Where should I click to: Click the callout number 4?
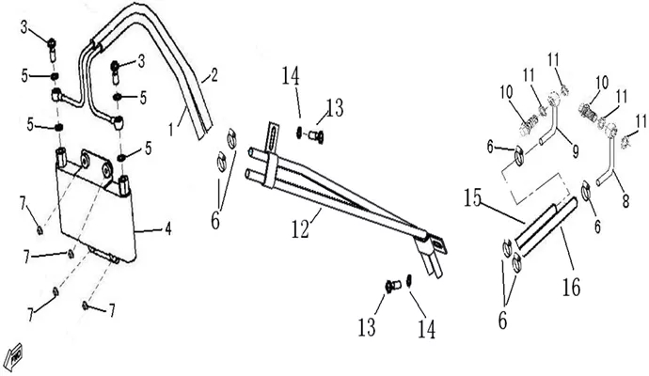click(x=168, y=230)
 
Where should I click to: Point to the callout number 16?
click(x=571, y=287)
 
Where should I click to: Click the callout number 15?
click(x=472, y=197)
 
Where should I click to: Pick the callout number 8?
click(x=625, y=201)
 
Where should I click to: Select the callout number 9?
click(x=576, y=151)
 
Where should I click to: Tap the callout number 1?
click(x=171, y=130)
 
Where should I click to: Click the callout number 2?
click(x=214, y=75)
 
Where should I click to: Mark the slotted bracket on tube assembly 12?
click(x=271, y=134)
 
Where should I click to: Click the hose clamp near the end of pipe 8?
click(x=586, y=190)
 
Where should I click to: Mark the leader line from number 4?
click(x=149, y=232)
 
